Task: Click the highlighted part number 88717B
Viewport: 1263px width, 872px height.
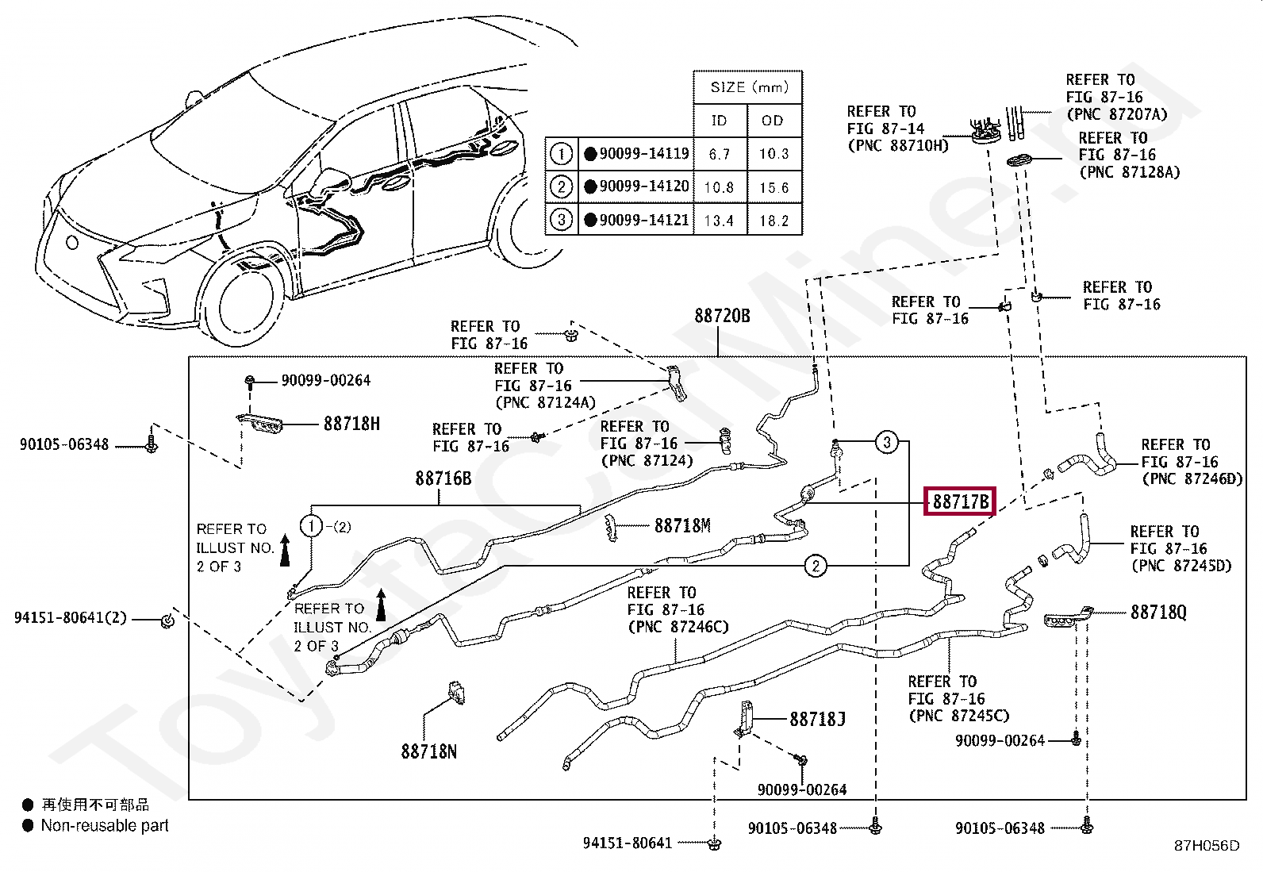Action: [960, 501]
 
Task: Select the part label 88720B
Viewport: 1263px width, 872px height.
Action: [722, 316]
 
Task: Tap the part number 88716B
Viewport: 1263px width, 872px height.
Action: [443, 478]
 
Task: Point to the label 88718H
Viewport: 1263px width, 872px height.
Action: [351, 424]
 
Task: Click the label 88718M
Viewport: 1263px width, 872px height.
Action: [682, 526]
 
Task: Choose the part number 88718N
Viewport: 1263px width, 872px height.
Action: [429, 751]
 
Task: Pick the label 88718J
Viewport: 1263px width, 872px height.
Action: [817, 719]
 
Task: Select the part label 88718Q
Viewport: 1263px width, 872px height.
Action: [1159, 613]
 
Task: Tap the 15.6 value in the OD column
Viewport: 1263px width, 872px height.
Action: [774, 188]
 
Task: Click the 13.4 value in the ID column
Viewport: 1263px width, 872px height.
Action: [719, 221]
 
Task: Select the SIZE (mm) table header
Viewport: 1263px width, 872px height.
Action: [749, 87]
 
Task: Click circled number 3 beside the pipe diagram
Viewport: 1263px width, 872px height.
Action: [887, 442]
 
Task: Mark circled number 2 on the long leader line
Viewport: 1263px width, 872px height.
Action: [816, 566]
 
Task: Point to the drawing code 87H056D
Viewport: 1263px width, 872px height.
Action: [1207, 846]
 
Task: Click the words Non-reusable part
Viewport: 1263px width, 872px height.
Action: [105, 826]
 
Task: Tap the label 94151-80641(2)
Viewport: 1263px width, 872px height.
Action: [71, 617]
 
